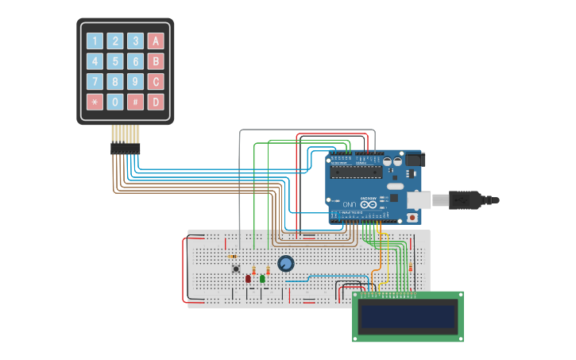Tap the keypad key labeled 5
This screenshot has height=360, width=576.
[115, 61]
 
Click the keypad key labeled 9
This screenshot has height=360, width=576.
[136, 81]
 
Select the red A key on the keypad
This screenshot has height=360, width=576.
[157, 41]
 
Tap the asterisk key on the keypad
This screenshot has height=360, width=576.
[95, 102]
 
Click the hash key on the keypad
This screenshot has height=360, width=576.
[136, 102]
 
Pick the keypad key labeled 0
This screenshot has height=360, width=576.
[115, 102]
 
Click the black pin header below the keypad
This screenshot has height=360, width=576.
[125, 149]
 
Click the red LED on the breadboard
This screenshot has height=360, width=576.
[248, 278]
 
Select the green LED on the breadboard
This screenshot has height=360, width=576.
[262, 278]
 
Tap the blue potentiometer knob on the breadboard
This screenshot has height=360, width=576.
[285, 263]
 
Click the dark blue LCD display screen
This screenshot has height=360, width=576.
[408, 316]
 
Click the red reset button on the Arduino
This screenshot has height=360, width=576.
[412, 217]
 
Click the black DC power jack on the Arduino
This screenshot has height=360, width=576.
[416, 160]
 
